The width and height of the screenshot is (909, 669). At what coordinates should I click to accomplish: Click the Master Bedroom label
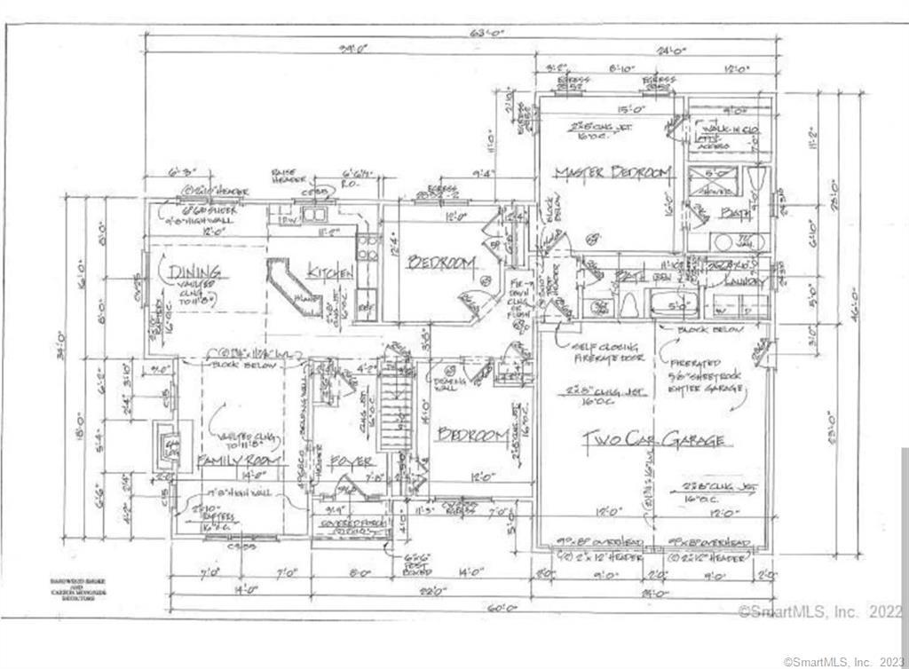[x=613, y=173]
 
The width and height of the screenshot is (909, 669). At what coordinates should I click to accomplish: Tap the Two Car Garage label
[x=652, y=439]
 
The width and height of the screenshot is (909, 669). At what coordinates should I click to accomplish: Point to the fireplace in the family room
[x=165, y=441]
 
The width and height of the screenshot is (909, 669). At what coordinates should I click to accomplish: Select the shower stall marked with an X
[x=712, y=185]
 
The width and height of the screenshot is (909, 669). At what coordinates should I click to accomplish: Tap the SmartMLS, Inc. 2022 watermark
[x=820, y=611]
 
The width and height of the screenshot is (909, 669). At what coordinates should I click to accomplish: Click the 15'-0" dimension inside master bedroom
[x=606, y=110]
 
